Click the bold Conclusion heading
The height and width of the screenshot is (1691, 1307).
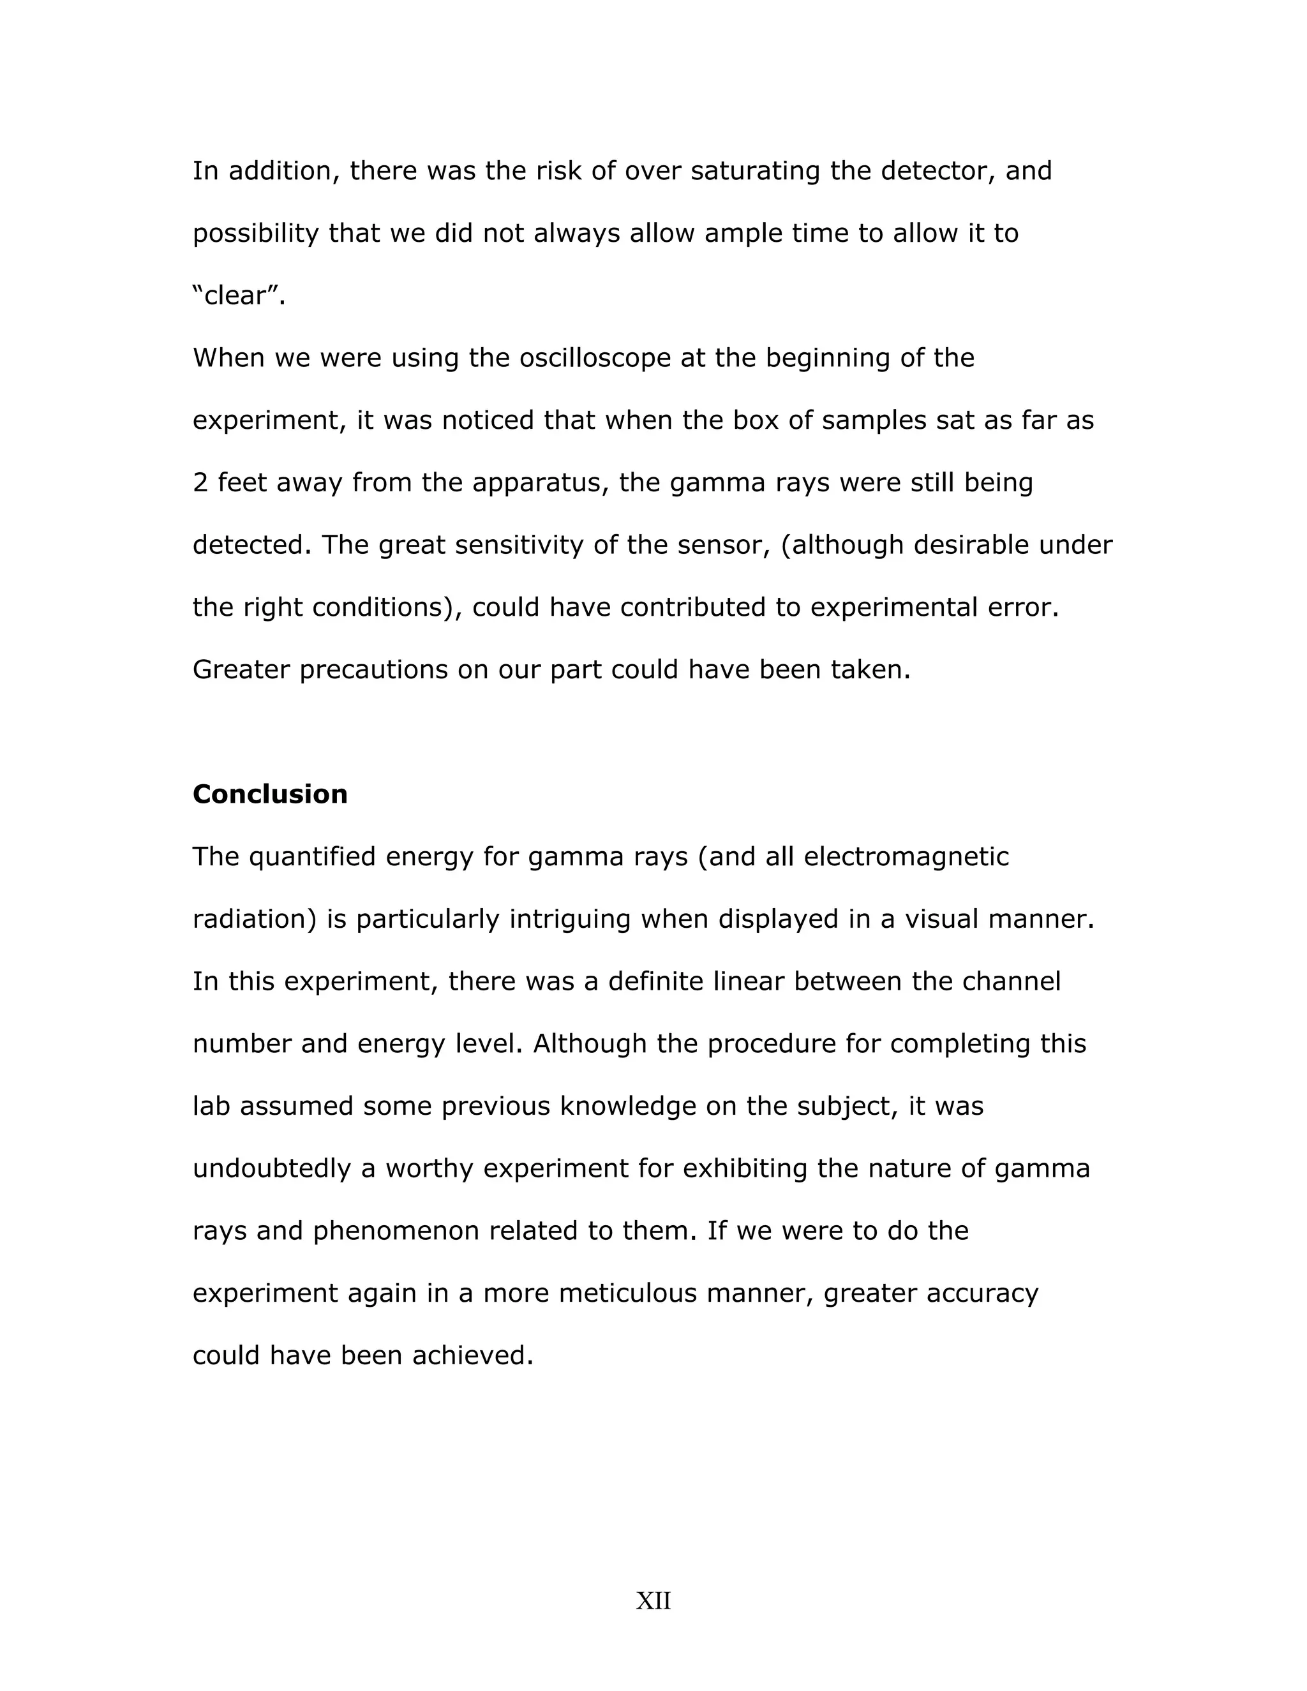tap(269, 794)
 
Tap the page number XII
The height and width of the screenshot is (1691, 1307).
tap(653, 1600)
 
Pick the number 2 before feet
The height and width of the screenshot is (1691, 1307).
tap(200, 483)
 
